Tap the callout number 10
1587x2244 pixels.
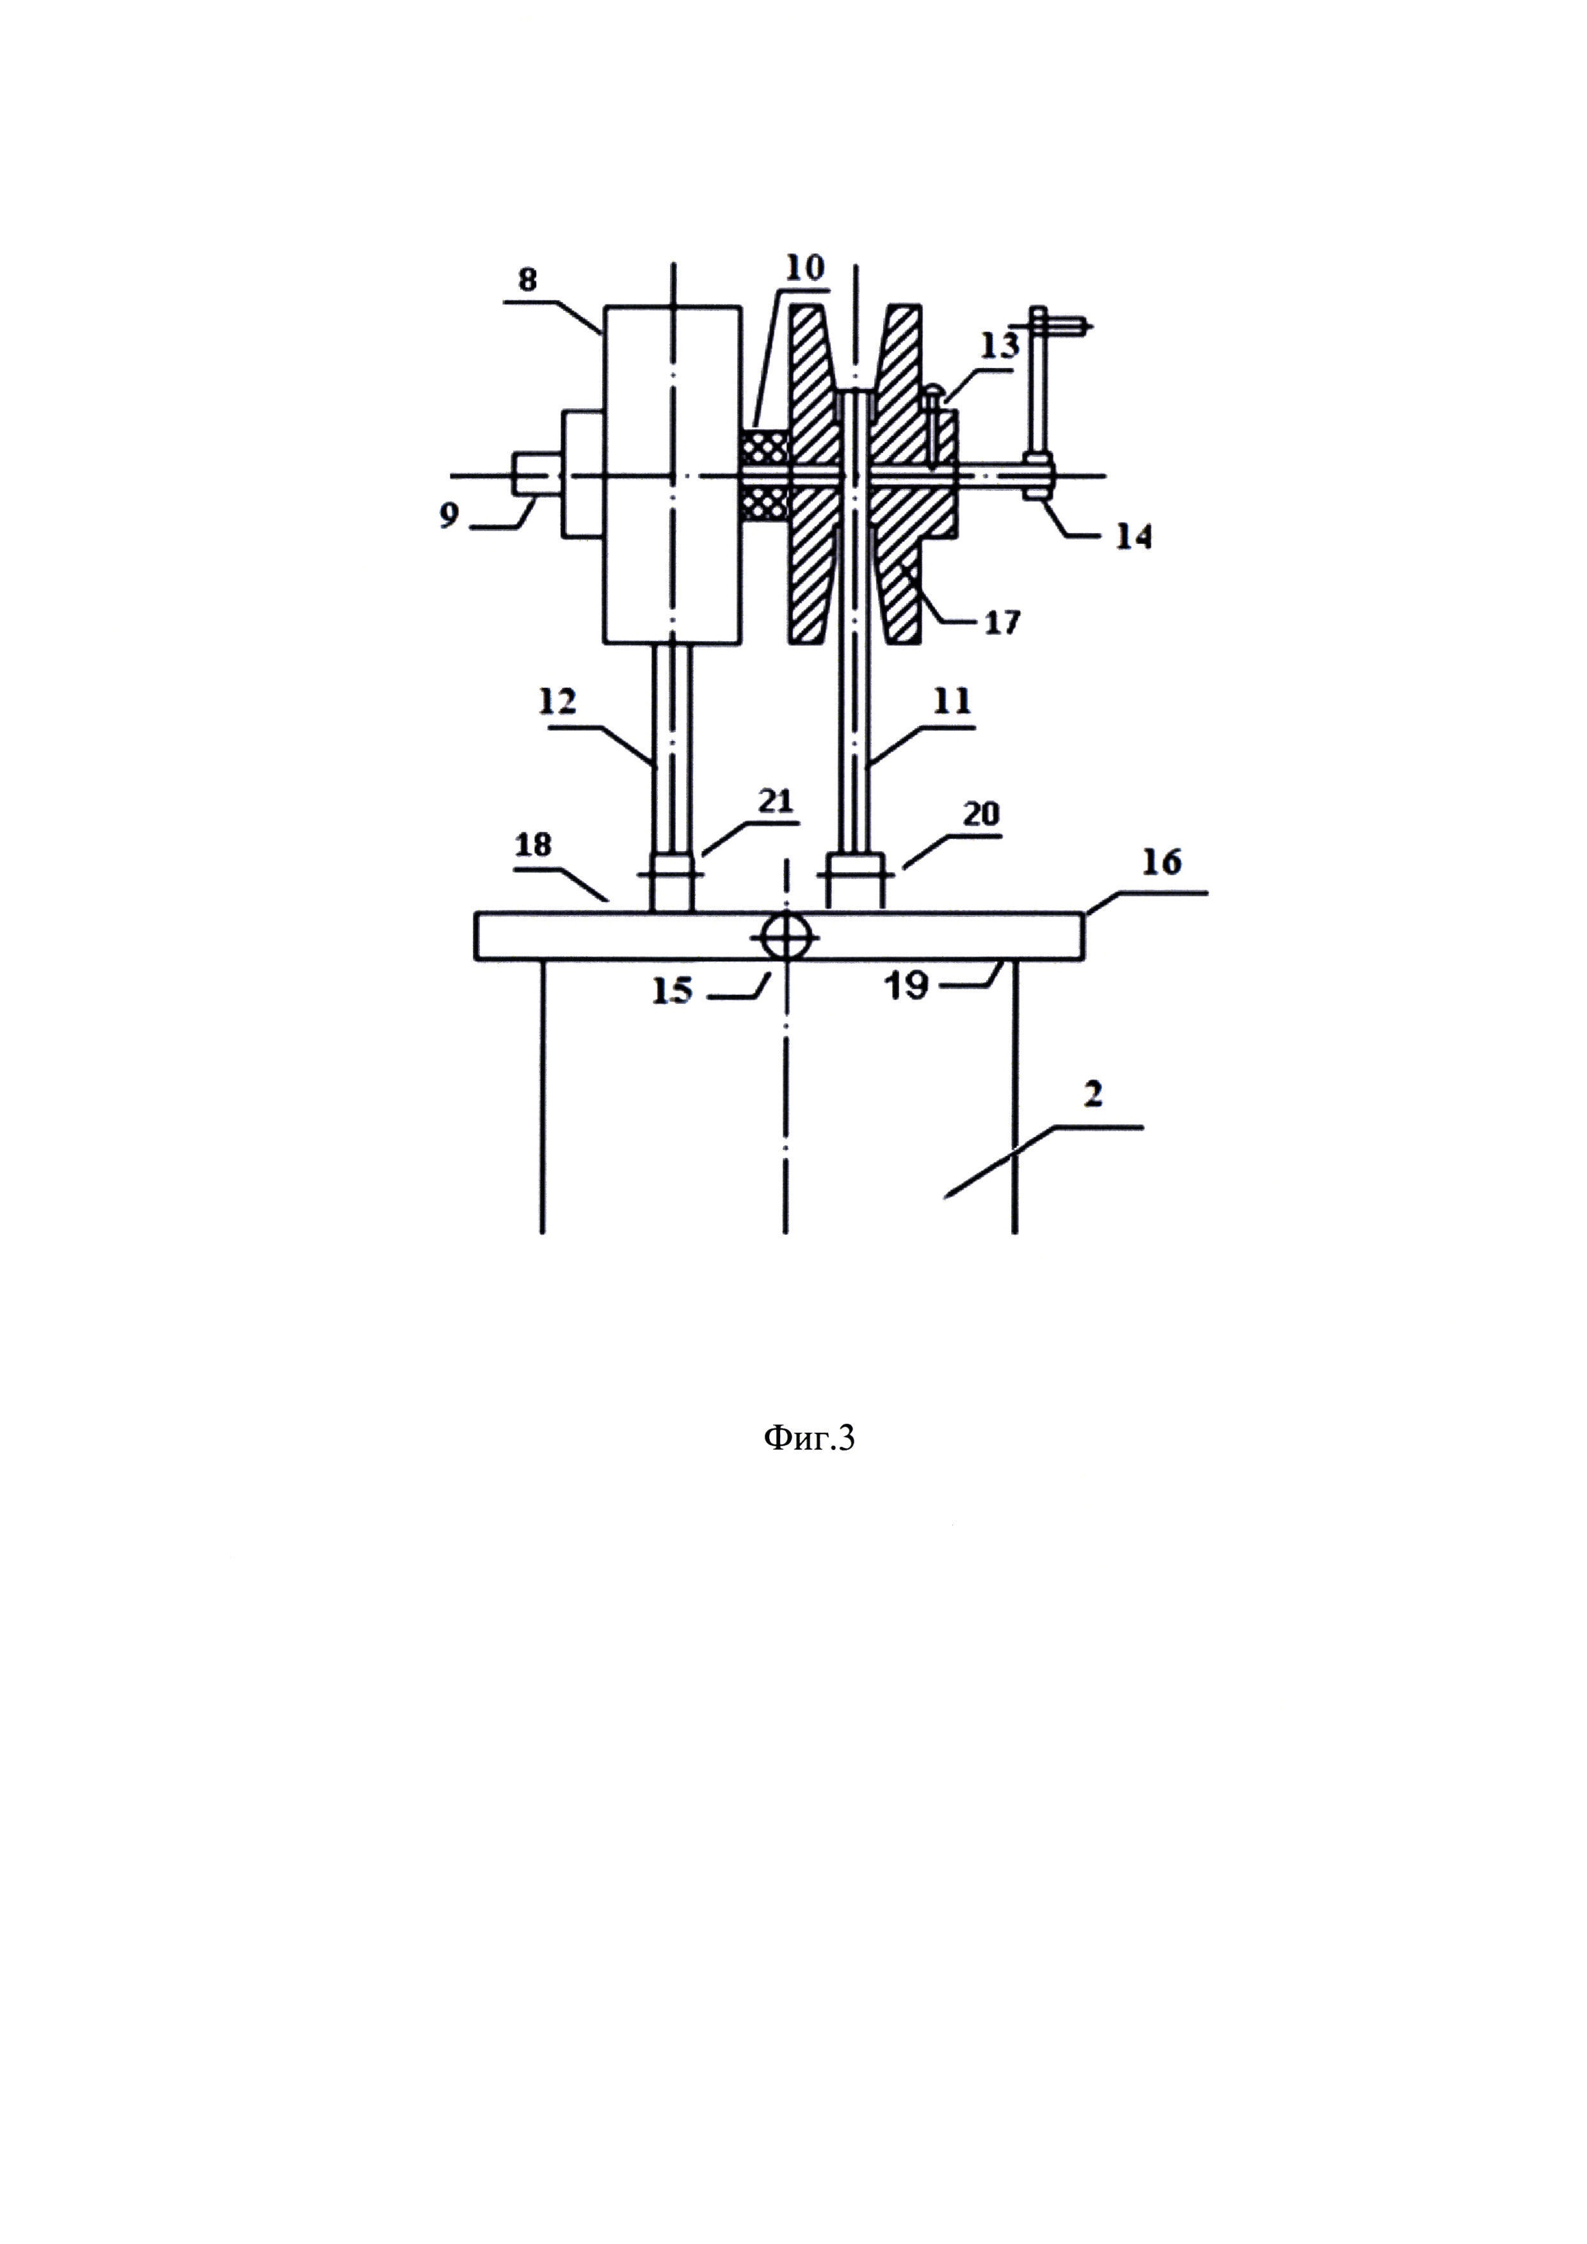click(804, 268)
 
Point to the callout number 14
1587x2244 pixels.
click(1133, 537)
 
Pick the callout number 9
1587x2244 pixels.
click(449, 515)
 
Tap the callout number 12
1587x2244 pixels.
click(557, 702)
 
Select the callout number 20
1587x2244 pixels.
click(981, 814)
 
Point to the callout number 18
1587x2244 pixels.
click(534, 845)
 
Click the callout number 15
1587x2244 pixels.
click(673, 991)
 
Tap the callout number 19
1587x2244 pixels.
click(906, 986)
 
